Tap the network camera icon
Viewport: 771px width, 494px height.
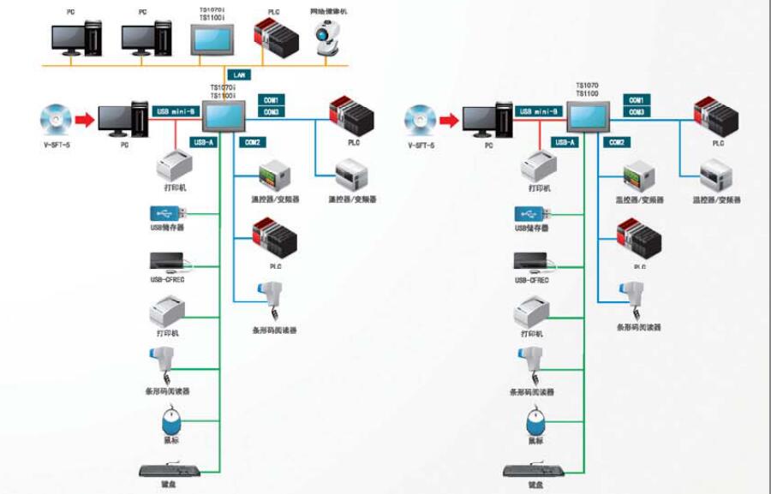(326, 40)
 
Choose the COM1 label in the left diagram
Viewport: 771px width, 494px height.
(271, 100)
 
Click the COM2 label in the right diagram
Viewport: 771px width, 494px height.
(615, 142)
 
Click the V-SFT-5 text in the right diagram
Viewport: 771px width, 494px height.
(421, 146)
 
